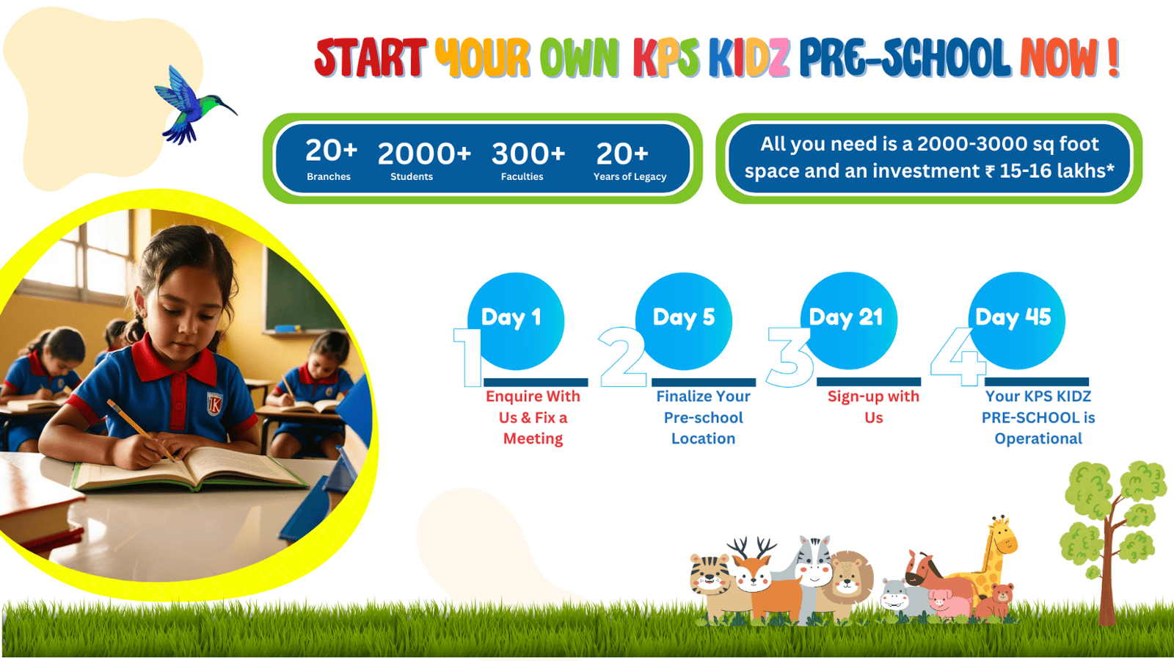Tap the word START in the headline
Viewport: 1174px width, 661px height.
[x=370, y=58]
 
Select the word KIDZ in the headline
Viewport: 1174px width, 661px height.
[x=749, y=58]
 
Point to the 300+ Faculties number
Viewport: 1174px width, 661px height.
[x=528, y=154]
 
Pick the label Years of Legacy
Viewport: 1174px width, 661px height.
[x=630, y=177]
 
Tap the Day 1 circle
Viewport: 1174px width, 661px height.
[x=516, y=320]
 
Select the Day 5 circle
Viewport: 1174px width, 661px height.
[x=683, y=320]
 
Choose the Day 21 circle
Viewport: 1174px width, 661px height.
[x=848, y=320]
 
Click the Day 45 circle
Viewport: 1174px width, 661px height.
[x=1016, y=320]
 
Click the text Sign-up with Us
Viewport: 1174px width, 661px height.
[x=874, y=407]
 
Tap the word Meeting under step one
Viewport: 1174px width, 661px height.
[x=533, y=438]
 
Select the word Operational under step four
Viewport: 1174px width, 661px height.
[x=1038, y=438]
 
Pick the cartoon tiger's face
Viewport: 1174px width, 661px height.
[x=710, y=575]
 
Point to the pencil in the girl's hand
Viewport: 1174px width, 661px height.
[x=141, y=430]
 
